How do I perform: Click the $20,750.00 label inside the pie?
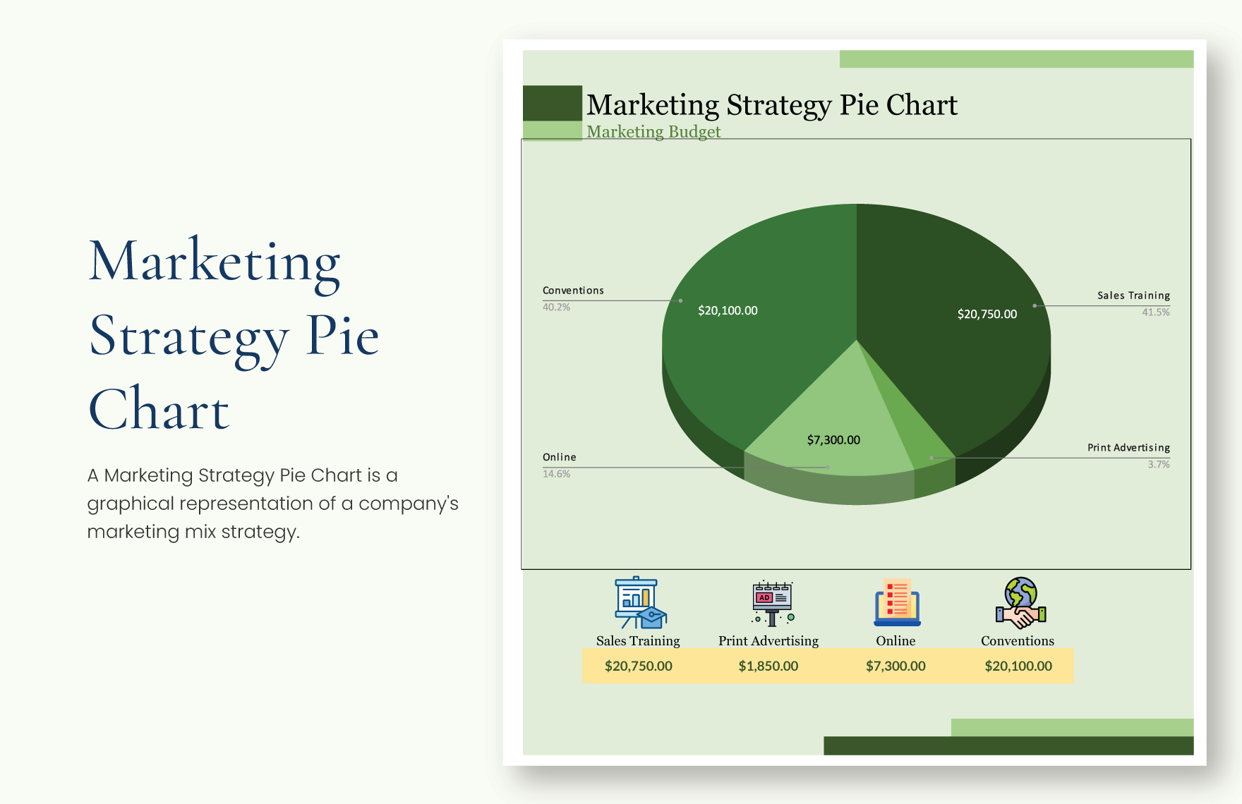point(987,314)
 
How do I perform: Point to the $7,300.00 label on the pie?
point(833,440)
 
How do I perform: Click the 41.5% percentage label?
point(1155,312)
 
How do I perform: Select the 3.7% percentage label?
point(1158,464)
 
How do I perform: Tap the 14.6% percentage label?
point(556,474)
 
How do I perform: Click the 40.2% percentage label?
point(556,307)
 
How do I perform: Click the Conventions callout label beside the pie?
point(573,291)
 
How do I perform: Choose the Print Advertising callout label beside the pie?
point(1128,448)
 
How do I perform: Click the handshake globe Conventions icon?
point(1020,603)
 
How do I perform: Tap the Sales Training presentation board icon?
point(639,603)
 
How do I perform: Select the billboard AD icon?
point(772,603)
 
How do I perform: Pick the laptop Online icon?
point(897,603)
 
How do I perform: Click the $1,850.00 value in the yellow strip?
point(768,666)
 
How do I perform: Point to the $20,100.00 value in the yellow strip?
point(1018,666)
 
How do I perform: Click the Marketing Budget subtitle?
point(653,132)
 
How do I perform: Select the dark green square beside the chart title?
point(552,103)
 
